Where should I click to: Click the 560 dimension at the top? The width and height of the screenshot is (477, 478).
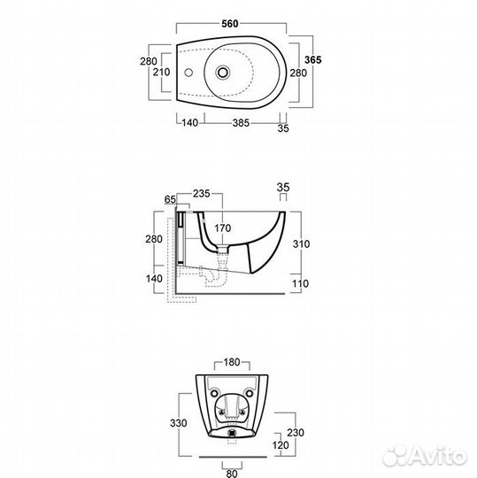(x=230, y=24)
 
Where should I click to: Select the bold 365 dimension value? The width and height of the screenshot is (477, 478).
(x=313, y=60)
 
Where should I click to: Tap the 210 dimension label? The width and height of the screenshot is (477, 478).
(x=161, y=73)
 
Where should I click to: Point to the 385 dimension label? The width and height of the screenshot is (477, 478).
(x=241, y=123)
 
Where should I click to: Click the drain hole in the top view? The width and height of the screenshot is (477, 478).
(x=223, y=73)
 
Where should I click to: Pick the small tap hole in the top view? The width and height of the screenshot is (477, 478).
(x=188, y=73)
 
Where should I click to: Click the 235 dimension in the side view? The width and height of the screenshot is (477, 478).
(x=202, y=193)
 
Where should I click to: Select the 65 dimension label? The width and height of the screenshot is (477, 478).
(x=170, y=199)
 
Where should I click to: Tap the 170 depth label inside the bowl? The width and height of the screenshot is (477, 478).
(x=222, y=228)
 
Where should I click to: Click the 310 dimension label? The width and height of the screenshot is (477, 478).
(x=301, y=244)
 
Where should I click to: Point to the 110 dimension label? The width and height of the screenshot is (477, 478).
(x=301, y=284)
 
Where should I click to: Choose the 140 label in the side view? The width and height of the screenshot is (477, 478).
(x=154, y=279)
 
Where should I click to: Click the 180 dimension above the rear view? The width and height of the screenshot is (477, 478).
(x=232, y=362)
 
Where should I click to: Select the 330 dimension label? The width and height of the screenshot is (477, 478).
(x=178, y=423)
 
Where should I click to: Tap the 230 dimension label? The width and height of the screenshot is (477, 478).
(x=296, y=433)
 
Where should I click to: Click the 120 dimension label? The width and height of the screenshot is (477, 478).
(x=281, y=445)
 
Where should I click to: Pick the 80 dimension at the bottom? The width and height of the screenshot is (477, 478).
(x=232, y=474)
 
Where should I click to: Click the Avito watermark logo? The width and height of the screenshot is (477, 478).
(x=425, y=456)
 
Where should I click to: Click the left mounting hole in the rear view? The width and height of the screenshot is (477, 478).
(x=214, y=393)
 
